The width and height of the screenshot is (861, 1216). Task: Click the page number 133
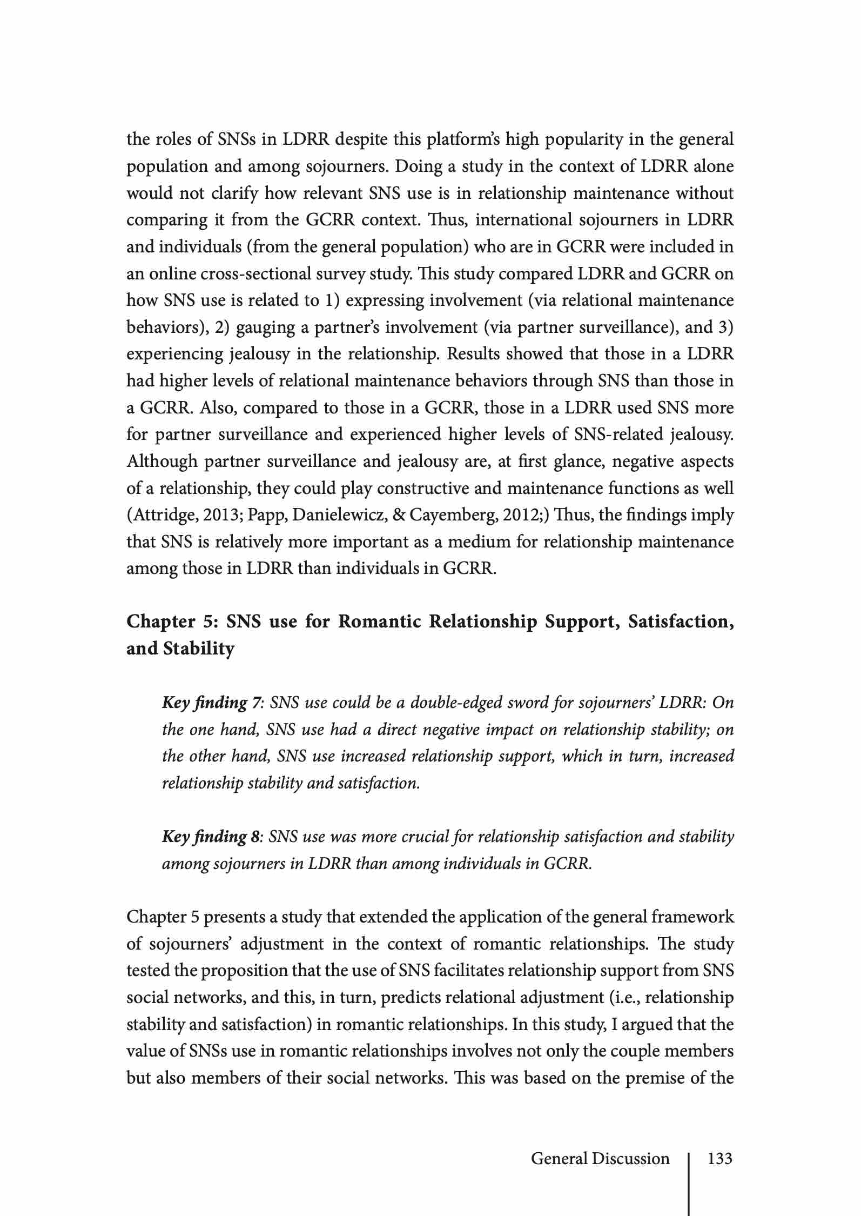point(719,1159)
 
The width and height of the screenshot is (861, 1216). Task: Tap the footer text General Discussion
point(600,1159)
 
